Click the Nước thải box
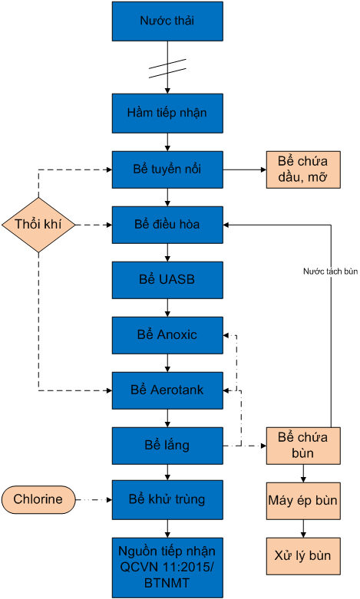click(x=167, y=21)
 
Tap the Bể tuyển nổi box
click(x=167, y=169)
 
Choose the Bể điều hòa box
click(x=167, y=225)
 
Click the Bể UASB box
click(x=167, y=280)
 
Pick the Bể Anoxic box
click(x=167, y=335)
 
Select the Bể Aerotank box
click(x=167, y=390)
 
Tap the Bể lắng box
click(x=167, y=446)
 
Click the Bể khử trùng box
click(x=167, y=500)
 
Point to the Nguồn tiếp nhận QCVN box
click(x=167, y=568)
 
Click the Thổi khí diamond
click(x=39, y=225)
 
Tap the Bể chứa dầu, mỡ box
click(x=302, y=169)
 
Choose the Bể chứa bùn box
click(x=302, y=446)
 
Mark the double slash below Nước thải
click(x=167, y=69)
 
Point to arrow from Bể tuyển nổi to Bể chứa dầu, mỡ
click(x=244, y=169)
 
